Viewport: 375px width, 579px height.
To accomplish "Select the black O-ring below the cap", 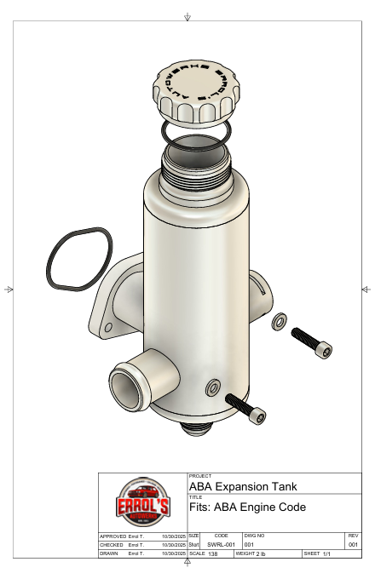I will (x=197, y=129).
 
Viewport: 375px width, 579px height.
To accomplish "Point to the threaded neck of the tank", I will (x=197, y=162).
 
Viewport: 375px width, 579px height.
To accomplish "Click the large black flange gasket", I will (x=78, y=259).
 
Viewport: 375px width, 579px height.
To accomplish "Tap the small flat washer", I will (x=278, y=324).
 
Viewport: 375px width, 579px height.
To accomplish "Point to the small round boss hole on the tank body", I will (x=211, y=389).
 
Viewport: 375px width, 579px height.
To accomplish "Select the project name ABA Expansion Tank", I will (x=242, y=487).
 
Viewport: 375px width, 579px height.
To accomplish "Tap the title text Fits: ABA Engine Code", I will (x=246, y=507).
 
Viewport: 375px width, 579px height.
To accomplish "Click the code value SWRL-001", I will (x=221, y=544).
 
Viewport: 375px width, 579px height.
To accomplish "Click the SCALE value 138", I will (x=212, y=553).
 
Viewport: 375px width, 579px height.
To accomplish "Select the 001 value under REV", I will (x=354, y=544).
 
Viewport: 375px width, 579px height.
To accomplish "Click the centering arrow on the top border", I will (x=187, y=17).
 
